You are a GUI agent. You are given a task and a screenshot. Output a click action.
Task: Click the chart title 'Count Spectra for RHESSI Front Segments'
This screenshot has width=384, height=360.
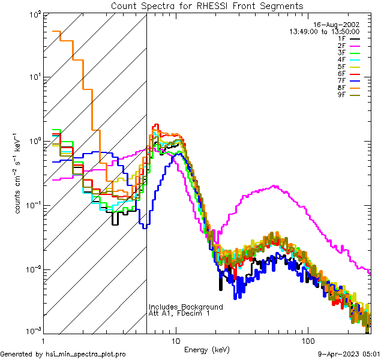207,5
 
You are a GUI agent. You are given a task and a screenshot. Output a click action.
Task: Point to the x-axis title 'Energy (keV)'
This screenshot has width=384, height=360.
207,349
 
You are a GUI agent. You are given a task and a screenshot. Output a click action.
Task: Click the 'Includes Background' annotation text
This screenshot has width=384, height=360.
185,307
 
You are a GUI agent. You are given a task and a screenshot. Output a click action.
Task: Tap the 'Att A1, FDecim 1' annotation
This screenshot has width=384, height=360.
179,313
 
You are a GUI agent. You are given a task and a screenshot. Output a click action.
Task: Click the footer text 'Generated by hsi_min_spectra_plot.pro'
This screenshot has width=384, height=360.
63,354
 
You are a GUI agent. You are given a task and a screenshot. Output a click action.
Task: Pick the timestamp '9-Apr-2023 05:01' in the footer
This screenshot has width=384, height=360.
349,354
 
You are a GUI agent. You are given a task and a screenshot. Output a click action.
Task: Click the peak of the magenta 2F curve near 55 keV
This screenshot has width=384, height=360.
274,186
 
